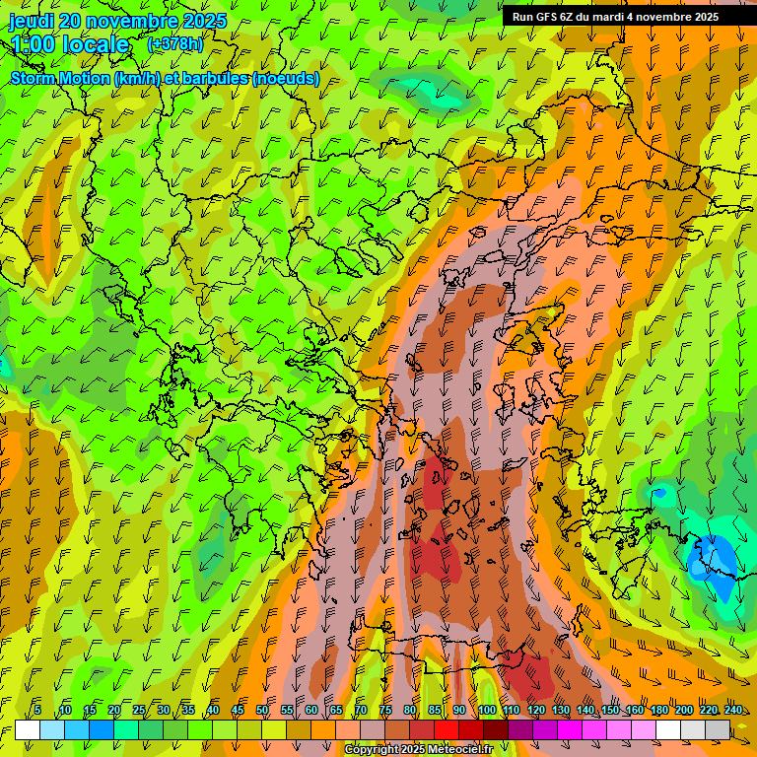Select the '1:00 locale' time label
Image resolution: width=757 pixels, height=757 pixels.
point(70,44)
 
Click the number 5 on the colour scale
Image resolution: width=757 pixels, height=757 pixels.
point(37,711)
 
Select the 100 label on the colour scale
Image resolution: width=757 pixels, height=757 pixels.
point(487,711)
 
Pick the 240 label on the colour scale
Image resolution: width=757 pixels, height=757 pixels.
point(733,711)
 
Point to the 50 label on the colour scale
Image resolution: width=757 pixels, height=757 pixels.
point(262,711)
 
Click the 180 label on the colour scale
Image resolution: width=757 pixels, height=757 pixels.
point(658,711)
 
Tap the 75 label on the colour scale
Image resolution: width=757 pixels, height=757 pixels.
point(385,711)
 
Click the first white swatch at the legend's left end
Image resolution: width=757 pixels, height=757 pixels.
point(28,729)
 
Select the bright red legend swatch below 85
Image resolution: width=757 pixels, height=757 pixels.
point(447,729)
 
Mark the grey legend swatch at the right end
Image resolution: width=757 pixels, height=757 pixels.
point(718,729)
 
